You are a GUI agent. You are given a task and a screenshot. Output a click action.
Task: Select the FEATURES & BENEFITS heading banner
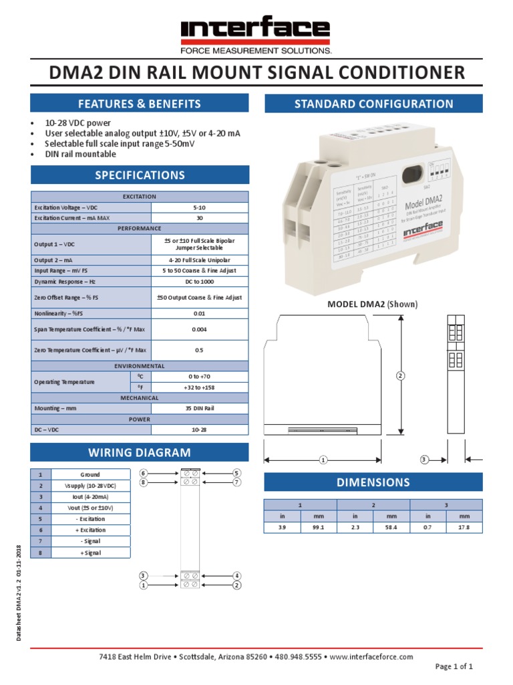click(140, 104)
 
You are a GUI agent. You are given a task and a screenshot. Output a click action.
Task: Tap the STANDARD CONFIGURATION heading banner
click(374, 104)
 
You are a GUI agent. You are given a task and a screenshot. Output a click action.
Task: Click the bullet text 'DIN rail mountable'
click(80, 154)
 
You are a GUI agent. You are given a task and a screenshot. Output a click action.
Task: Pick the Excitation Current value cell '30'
click(199, 218)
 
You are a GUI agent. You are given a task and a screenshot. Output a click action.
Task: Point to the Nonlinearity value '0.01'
click(199, 313)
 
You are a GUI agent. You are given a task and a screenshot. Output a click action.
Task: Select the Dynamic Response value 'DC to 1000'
click(199, 282)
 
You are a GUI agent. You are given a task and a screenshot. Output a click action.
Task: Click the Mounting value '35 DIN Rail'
click(199, 408)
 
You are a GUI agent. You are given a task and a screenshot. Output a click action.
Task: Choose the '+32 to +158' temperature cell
click(199, 387)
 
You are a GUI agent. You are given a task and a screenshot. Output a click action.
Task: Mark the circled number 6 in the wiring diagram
click(143, 473)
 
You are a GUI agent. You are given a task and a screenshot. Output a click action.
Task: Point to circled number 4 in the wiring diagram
click(236, 576)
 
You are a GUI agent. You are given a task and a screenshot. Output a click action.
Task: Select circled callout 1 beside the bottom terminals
click(143, 585)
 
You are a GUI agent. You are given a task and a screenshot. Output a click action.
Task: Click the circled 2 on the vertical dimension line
click(401, 376)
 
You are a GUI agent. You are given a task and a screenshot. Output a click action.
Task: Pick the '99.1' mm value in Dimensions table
click(317, 527)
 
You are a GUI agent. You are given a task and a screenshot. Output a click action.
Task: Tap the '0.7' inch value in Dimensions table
click(427, 527)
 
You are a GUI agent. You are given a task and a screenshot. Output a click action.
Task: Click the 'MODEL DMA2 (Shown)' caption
click(372, 304)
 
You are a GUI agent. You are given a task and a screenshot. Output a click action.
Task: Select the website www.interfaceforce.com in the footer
click(372, 657)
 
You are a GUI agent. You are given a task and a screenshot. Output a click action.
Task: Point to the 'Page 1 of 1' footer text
click(454, 667)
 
